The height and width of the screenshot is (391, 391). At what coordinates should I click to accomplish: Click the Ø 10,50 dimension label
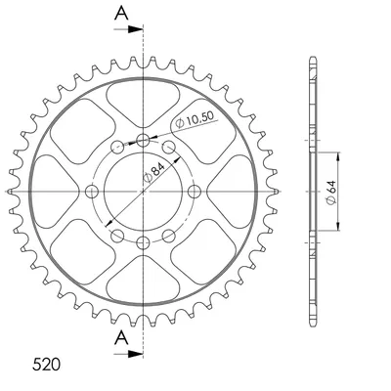tap(195, 119)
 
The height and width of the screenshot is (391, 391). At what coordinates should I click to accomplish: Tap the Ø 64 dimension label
tap(331, 193)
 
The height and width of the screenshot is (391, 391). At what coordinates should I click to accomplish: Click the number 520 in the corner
tap(46, 365)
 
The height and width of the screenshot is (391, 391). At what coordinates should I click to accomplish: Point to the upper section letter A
tap(121, 14)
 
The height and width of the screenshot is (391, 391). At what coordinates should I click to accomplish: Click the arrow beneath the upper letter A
tap(128, 29)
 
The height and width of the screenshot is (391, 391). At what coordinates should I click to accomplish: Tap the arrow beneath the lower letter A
tap(128, 354)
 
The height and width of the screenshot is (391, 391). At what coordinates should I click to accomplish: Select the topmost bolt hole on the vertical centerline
tap(143, 141)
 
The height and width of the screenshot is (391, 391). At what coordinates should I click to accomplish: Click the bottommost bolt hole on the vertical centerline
tap(143, 242)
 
